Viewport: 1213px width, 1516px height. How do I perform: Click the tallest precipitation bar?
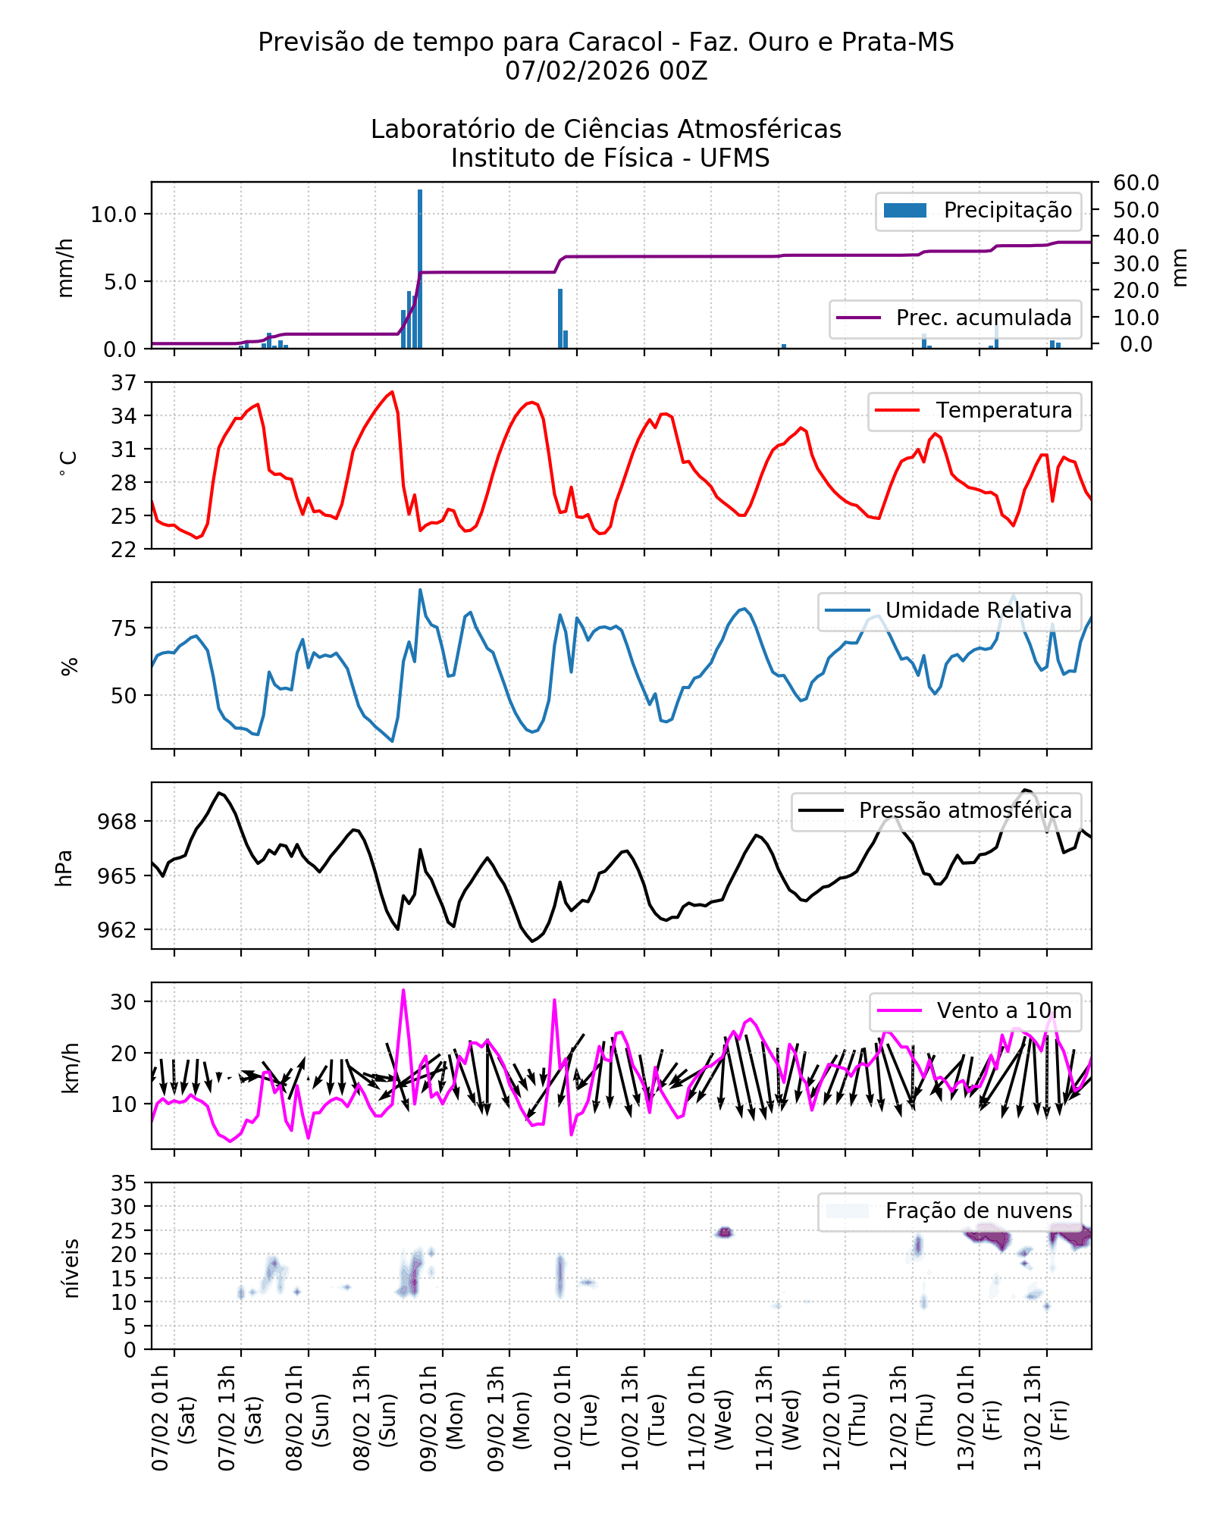click(x=420, y=269)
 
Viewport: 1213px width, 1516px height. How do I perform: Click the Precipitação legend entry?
click(x=978, y=211)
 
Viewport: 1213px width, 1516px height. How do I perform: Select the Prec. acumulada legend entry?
click(x=955, y=318)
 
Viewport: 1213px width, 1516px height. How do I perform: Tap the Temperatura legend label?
click(x=1003, y=411)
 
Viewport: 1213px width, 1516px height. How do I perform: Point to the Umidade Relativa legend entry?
click(x=978, y=611)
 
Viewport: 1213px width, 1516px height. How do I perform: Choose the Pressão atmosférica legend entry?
click(x=964, y=811)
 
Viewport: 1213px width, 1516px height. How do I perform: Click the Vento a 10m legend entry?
click(x=1004, y=1011)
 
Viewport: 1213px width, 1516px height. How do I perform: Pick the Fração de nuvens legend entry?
click(x=978, y=1211)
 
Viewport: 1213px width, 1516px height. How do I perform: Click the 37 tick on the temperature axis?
click(x=124, y=383)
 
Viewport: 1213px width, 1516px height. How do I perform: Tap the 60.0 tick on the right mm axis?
click(x=1136, y=183)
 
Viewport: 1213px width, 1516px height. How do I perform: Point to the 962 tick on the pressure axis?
click(x=117, y=930)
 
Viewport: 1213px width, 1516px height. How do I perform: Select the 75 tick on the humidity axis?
click(x=124, y=628)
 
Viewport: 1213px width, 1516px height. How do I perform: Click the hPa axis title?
click(x=64, y=868)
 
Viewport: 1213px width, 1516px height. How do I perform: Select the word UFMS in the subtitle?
click(x=734, y=158)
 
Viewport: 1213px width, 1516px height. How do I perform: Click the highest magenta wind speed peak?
click(x=403, y=990)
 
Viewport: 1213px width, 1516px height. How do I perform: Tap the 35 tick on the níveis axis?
click(x=124, y=1183)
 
